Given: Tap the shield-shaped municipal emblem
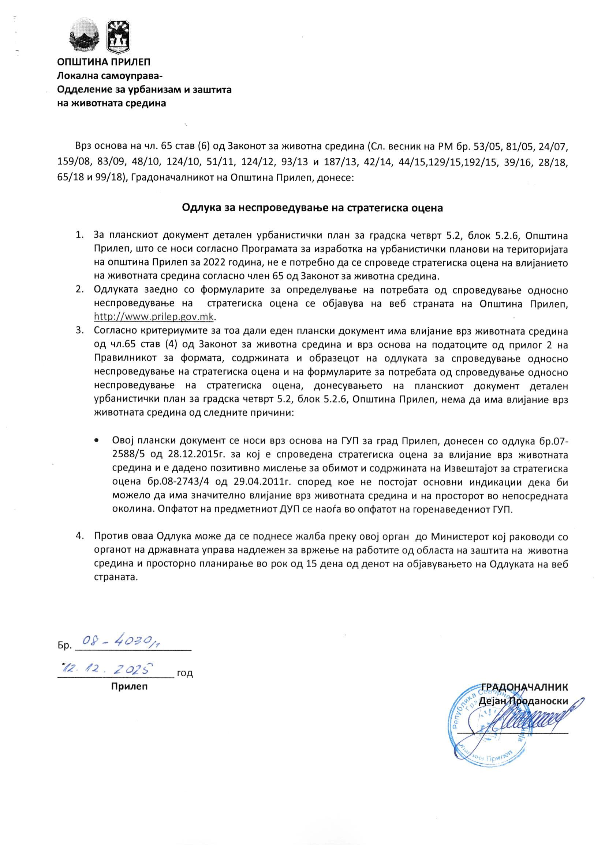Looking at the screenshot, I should click(x=118, y=36).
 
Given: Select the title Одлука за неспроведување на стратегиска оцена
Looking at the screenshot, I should click(x=312, y=207).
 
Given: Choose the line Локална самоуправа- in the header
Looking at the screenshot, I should click(x=109, y=76).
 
